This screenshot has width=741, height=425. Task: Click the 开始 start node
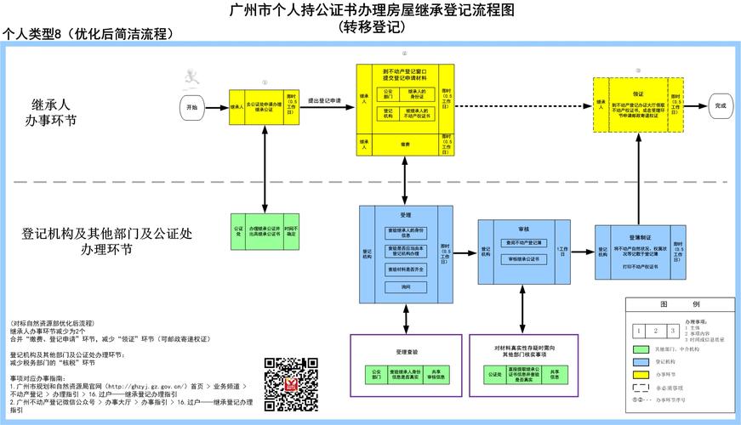[x=191, y=107]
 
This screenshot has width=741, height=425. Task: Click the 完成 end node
[x=721, y=105]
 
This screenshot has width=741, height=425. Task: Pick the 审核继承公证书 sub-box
[x=520, y=258]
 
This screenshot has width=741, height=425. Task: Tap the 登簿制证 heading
[x=640, y=238]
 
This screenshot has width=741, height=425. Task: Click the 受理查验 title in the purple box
[x=406, y=351]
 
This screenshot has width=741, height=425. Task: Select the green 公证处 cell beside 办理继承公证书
[x=239, y=230]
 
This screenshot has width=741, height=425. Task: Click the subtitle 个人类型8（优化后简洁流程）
[x=88, y=34]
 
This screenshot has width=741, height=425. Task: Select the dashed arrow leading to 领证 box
[x=523, y=105]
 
